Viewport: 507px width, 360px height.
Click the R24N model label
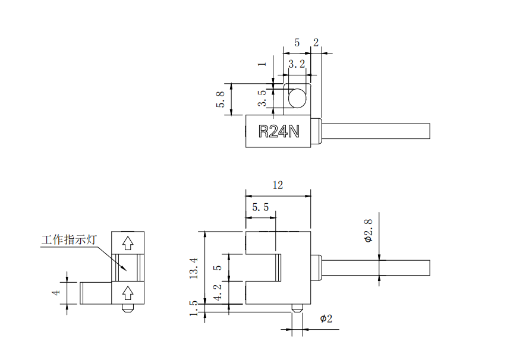coord(278,131)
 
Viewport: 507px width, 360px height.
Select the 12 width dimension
coord(278,185)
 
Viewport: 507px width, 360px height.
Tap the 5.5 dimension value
coord(260,207)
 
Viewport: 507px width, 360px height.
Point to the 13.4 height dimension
coord(193,268)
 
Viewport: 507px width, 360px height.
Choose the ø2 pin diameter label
coord(326,319)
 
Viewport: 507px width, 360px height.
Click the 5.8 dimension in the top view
coord(221,99)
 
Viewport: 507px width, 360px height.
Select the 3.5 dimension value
coord(262,99)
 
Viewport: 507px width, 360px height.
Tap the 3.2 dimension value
coord(297,64)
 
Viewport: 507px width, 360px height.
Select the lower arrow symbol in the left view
coord(127,292)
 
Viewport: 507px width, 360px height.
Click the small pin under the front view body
coord(297,308)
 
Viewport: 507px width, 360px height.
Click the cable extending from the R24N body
coord(374,131)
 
